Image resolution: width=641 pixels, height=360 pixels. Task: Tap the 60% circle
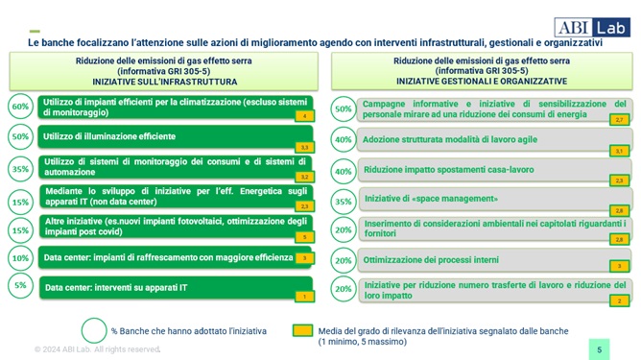(20, 106)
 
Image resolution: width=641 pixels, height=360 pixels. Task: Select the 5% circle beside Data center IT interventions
(20, 285)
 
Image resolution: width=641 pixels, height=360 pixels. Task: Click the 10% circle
(20, 257)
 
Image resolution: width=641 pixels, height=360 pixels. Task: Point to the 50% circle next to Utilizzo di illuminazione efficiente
(20, 136)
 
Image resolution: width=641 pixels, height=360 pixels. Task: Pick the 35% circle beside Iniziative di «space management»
(343, 201)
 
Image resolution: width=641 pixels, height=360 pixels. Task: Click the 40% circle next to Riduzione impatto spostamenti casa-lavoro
(343, 171)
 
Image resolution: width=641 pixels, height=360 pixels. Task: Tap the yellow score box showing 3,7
(619, 151)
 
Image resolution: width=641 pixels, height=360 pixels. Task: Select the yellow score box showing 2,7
(619, 120)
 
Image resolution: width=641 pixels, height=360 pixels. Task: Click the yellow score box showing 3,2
(304, 177)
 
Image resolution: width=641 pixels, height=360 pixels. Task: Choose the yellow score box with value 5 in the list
(304, 236)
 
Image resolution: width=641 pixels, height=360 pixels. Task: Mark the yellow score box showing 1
(304, 297)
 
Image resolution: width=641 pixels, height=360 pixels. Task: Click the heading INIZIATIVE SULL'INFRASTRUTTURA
(161, 81)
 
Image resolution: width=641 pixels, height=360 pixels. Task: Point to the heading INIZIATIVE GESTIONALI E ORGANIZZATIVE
(481, 81)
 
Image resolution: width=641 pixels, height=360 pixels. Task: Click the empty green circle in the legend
(94, 330)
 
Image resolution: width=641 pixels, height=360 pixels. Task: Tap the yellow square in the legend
(301, 331)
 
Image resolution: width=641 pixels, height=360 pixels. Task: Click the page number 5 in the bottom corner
(599, 349)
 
